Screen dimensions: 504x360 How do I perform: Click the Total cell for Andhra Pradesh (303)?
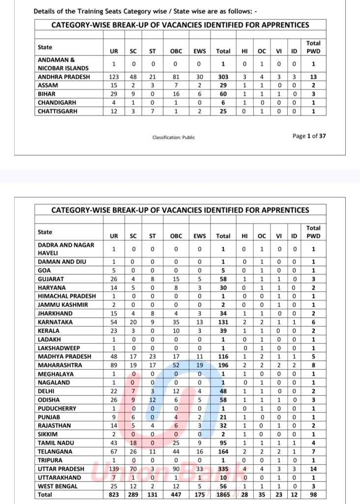223,77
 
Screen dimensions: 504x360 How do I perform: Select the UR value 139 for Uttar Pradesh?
114,469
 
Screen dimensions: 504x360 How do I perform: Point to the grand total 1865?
223,495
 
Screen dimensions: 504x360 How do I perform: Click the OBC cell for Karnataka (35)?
176,322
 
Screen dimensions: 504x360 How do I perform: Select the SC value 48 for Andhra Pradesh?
133,77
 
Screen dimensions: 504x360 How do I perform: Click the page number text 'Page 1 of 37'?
309,136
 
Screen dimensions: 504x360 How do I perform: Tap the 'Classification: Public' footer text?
174,137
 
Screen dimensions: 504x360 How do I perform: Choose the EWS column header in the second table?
200,236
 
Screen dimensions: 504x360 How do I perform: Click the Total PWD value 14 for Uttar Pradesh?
313,469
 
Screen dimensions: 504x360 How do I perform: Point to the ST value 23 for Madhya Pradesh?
152,356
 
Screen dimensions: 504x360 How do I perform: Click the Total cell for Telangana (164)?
223,452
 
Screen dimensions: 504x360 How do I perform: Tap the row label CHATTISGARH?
58,111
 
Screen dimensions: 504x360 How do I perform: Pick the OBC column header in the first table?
176,51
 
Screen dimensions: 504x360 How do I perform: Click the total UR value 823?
114,495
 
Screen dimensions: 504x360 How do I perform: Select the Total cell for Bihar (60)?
223,94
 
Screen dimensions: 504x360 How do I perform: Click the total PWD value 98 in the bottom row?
313,495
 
